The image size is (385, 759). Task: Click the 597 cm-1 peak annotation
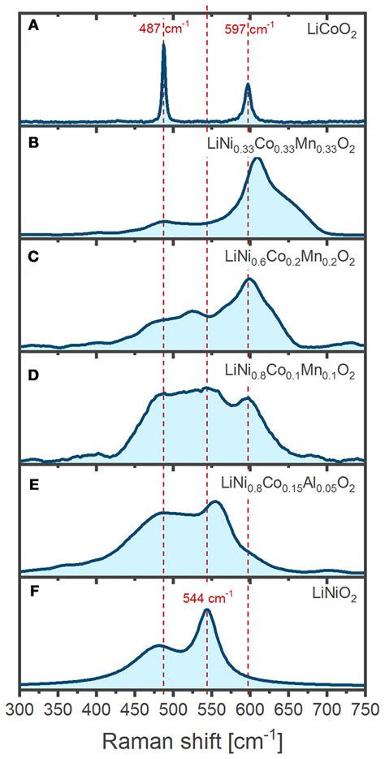point(249,28)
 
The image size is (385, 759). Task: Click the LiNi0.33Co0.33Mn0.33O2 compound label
point(281,147)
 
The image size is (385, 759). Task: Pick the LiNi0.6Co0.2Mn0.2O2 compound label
point(288,262)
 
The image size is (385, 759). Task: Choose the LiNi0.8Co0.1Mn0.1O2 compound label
point(288,374)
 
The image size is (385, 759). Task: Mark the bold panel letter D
point(32,372)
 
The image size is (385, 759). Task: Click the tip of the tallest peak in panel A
point(163,44)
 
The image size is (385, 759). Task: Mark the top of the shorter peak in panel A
point(248,84)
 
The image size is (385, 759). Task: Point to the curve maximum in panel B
point(257,158)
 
